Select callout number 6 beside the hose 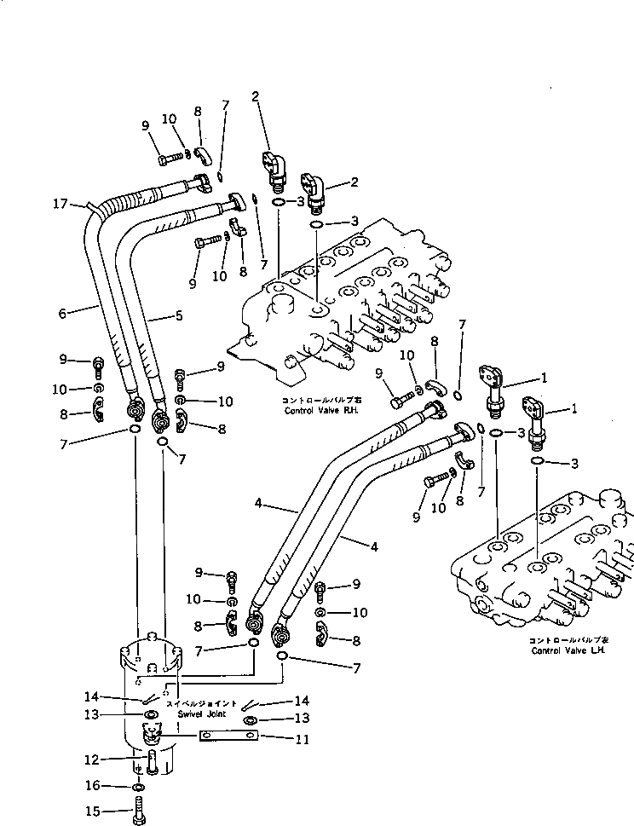tap(62, 313)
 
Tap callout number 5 tap(179, 316)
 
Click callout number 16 tap(95, 785)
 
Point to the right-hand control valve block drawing tap(349, 307)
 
